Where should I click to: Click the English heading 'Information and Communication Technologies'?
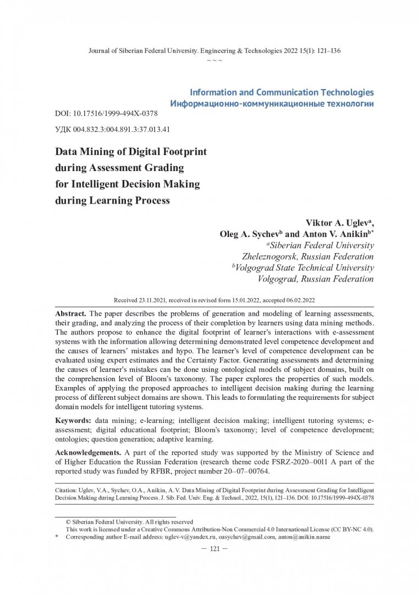[x=281, y=92]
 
